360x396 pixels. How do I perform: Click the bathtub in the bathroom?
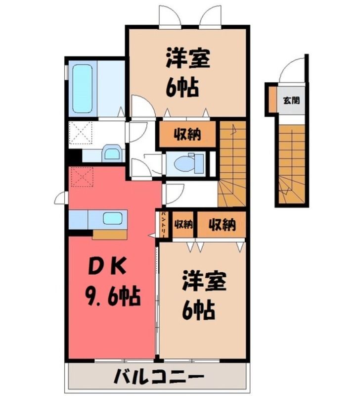pyautogui.click(x=83, y=89)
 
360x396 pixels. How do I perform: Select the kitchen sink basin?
pyautogui.click(x=113, y=218)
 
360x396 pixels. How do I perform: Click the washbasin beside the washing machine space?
pyautogui.click(x=111, y=153)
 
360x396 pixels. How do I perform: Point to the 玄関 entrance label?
pyautogui.click(x=292, y=100)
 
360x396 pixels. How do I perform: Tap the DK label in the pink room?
pyautogui.click(x=107, y=267)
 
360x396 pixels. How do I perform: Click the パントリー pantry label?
pyautogui.click(x=164, y=224)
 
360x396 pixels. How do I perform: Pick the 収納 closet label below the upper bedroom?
pyautogui.click(x=187, y=134)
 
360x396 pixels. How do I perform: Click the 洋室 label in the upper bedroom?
pyautogui.click(x=188, y=59)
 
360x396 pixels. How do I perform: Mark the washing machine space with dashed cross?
pyautogui.click(x=81, y=132)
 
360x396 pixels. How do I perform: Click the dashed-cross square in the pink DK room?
pyautogui.click(x=82, y=177)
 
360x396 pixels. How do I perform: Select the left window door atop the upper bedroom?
pyautogui.click(x=170, y=16)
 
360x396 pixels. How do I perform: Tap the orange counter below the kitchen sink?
pyautogui.click(x=109, y=234)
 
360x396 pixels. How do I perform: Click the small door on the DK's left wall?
pyautogui.click(x=61, y=198)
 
